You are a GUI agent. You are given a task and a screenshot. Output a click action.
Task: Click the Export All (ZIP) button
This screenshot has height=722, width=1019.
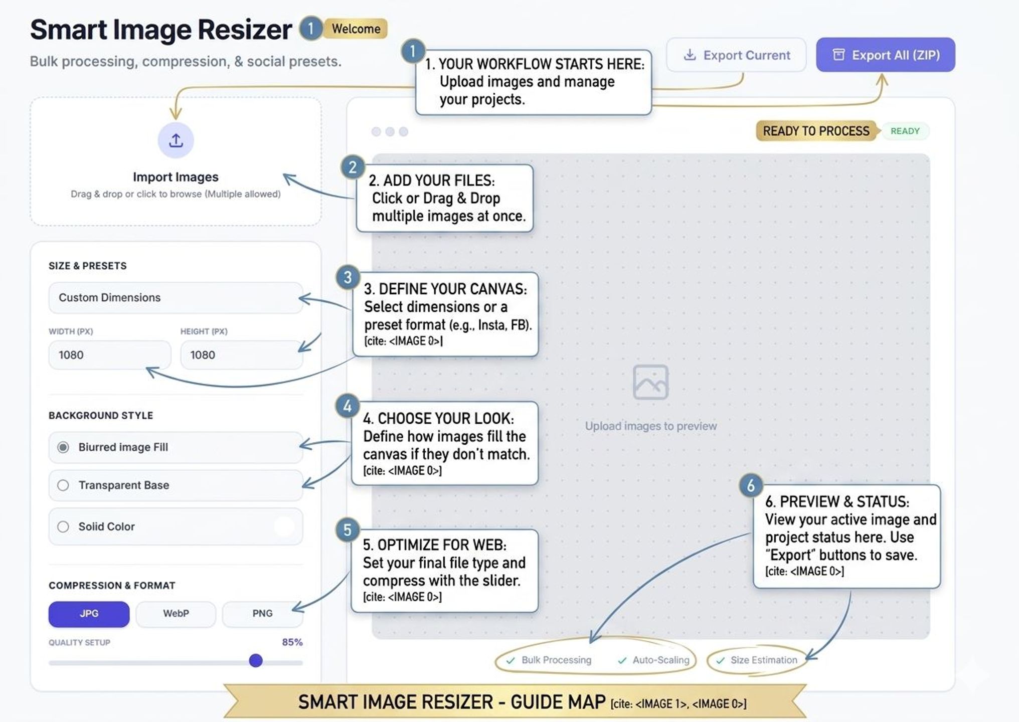(x=885, y=55)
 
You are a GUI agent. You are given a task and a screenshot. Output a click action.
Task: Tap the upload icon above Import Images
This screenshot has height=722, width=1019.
(x=176, y=140)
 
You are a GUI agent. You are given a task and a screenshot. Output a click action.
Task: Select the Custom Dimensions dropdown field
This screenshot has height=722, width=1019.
(x=176, y=297)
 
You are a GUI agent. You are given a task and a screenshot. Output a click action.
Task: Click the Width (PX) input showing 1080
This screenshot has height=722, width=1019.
(x=110, y=355)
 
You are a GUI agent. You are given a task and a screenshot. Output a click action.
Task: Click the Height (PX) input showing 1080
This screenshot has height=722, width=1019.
(x=241, y=355)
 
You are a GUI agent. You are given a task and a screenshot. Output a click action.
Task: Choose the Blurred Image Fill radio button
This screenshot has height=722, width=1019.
(x=63, y=447)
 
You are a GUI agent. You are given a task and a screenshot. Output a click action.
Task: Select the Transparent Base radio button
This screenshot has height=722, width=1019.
(x=63, y=485)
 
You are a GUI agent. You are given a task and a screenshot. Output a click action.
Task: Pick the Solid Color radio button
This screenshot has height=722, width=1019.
(x=63, y=526)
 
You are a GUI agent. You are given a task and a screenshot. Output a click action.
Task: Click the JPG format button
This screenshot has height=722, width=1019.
(x=89, y=614)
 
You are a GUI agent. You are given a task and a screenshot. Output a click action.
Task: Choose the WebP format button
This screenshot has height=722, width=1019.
(x=176, y=614)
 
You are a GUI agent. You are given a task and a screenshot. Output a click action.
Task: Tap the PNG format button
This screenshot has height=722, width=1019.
(x=262, y=614)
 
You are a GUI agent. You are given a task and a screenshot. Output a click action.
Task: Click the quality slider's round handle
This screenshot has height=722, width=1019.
(x=256, y=660)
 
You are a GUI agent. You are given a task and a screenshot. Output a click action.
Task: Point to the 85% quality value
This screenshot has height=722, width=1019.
(x=292, y=642)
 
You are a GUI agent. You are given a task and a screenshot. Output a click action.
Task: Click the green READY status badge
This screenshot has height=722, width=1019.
(x=905, y=131)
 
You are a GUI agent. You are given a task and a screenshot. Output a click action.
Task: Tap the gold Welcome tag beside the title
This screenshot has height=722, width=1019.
(x=356, y=29)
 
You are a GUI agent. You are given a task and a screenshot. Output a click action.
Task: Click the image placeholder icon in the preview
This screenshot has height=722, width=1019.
(x=650, y=382)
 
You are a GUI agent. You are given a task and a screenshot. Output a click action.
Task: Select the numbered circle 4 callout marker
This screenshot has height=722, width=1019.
(x=348, y=406)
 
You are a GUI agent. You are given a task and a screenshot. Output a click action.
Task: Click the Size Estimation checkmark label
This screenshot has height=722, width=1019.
(x=758, y=660)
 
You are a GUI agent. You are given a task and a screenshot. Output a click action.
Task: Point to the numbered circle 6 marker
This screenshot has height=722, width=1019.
(x=751, y=485)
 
